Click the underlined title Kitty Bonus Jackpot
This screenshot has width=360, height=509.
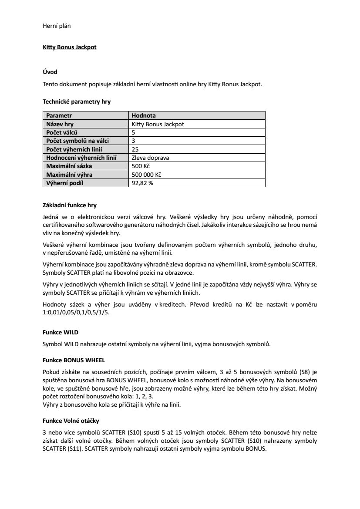[70, 47]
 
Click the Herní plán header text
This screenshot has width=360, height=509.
[57, 26]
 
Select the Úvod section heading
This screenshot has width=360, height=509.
[50, 72]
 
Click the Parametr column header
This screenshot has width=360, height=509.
[59, 116]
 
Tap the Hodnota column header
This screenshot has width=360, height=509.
[144, 116]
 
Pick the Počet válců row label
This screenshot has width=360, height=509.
[62, 132]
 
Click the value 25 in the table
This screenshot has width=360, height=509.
[135, 149]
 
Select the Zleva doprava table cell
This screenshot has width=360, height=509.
[150, 158]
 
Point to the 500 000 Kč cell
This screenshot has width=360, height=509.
[146, 175]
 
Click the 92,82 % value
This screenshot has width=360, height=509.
[142, 183]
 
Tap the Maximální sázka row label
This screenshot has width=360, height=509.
[69, 166]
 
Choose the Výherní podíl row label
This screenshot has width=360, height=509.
[65, 183]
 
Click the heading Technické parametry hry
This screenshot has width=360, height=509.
[77, 102]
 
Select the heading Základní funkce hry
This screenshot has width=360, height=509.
[73, 205]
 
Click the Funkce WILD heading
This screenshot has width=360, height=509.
[61, 332]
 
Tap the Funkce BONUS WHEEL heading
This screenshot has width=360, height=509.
[74, 361]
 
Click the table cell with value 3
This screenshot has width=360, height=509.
[133, 141]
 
